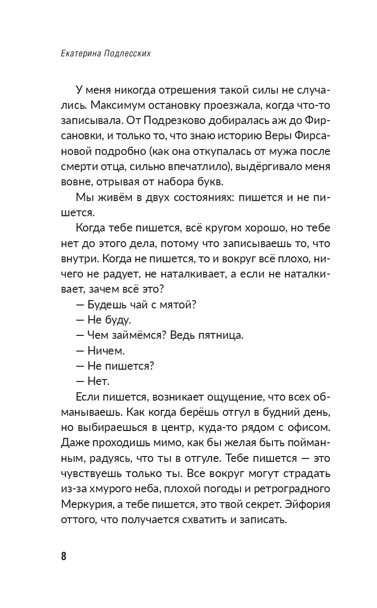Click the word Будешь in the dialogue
106,304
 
